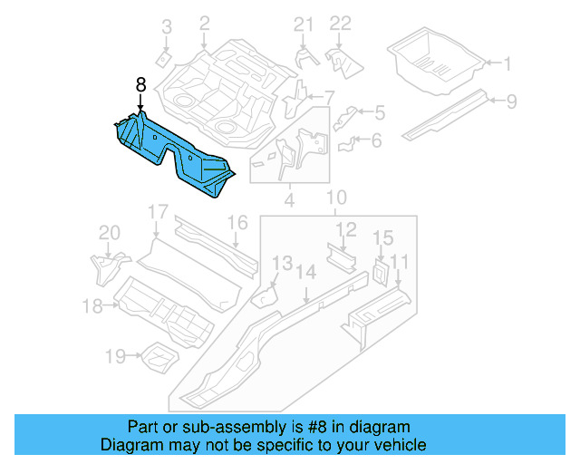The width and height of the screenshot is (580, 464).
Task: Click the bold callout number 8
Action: [140, 83]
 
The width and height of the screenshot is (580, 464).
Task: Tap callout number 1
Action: [507, 63]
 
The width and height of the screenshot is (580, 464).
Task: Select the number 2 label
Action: [204, 23]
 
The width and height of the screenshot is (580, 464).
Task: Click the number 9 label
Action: [511, 101]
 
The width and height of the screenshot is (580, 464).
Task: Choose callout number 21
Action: [302, 24]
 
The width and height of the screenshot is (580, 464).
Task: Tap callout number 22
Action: [340, 24]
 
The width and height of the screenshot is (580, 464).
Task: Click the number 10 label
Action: [336, 198]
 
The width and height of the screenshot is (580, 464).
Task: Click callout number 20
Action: [109, 234]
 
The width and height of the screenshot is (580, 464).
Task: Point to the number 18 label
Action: [92, 306]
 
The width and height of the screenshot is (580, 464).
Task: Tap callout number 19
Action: [114, 357]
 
